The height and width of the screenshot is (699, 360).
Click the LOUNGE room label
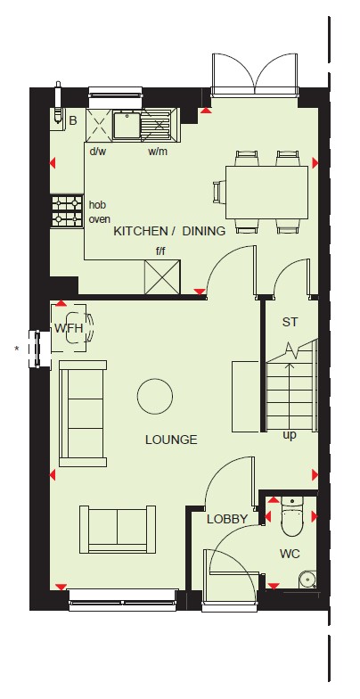[x=171, y=440]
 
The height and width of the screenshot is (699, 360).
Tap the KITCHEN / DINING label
[x=169, y=231]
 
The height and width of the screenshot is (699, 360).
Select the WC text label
[x=290, y=555]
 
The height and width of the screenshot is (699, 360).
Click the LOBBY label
[x=227, y=519]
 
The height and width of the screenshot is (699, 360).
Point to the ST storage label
[x=290, y=323]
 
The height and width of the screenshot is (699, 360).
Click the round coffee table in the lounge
[x=155, y=396]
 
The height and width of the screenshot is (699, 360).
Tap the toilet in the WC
[x=292, y=517]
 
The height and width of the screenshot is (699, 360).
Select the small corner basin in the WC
[x=307, y=580]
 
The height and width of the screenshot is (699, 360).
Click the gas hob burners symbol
[x=68, y=211]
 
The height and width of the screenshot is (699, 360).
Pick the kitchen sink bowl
[x=127, y=125]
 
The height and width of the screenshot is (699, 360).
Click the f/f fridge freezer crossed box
[x=162, y=276]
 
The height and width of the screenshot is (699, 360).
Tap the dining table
[x=266, y=193]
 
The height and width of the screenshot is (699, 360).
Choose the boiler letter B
[x=73, y=120]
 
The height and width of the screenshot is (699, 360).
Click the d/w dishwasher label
[x=98, y=152]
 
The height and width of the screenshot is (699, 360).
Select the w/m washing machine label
[x=158, y=152]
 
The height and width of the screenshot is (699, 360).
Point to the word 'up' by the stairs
[x=290, y=435]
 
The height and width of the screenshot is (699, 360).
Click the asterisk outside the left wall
[x=17, y=349]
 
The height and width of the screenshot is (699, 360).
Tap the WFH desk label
[x=70, y=328]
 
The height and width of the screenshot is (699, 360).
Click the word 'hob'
[x=98, y=205]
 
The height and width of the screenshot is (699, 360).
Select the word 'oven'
[x=100, y=219]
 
